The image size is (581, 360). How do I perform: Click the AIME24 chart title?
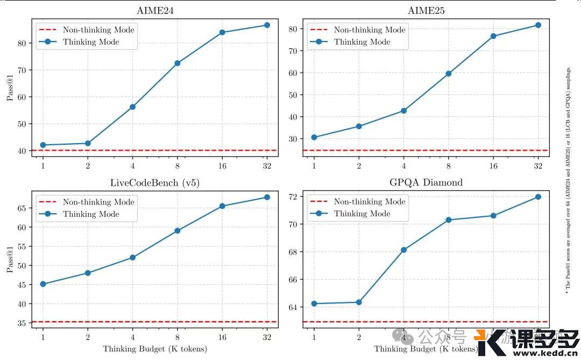[155, 11]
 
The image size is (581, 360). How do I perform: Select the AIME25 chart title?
[426, 11]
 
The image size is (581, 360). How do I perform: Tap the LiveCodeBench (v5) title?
[155, 183]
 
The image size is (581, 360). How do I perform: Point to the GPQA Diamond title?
[426, 182]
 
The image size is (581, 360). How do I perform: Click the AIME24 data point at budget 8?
[177, 63]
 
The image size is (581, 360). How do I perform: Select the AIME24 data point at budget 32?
[267, 25]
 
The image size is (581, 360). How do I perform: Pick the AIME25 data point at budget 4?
[403, 111]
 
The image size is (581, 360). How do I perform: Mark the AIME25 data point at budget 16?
[493, 36]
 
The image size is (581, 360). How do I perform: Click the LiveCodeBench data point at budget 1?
[42, 284]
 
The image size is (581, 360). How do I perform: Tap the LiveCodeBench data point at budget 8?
[177, 231]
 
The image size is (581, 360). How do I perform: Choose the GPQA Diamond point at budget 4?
[403, 250]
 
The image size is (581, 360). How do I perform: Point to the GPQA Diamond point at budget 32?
[538, 197]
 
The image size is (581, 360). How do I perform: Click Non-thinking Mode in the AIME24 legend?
[98, 30]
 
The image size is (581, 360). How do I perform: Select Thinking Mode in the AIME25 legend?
[362, 41]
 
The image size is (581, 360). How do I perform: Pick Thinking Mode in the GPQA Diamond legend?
[362, 214]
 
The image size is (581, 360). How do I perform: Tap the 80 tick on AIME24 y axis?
[23, 43]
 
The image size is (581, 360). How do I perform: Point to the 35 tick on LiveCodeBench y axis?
[23, 323]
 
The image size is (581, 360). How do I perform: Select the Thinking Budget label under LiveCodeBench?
[155, 349]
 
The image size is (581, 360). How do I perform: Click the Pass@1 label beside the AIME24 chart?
[9, 89]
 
